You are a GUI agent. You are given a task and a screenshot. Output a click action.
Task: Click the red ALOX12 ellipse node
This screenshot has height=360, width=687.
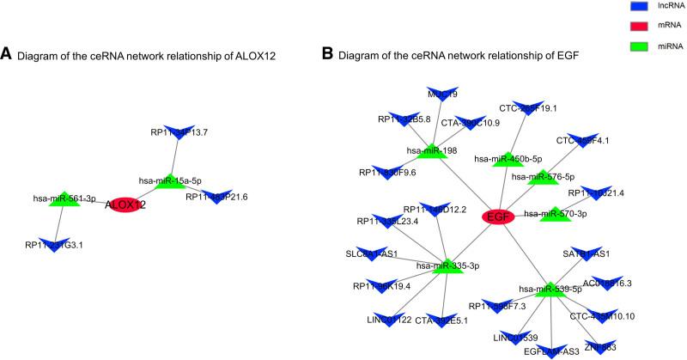tap(125, 205)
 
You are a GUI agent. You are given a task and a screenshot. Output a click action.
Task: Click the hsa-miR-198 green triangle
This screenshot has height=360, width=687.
tap(427, 152)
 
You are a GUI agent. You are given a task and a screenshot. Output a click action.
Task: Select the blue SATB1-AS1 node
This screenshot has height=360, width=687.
tap(586, 254)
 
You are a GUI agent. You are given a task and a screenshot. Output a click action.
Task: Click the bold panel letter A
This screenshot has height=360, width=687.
tap(7, 56)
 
